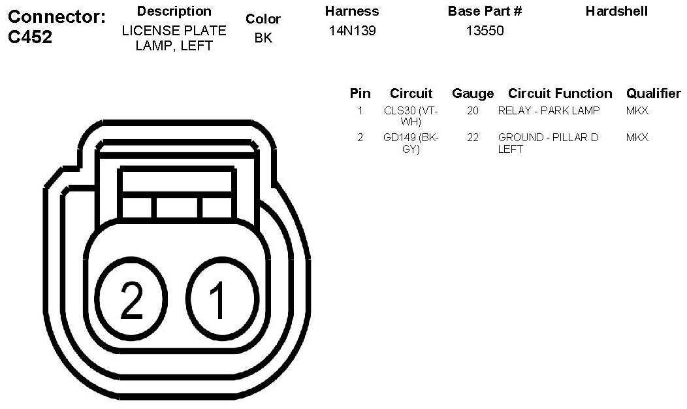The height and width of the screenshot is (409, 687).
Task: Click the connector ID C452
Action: (x=30, y=37)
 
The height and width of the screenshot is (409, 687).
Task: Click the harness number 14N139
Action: (x=352, y=31)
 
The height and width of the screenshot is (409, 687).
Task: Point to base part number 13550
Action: (x=485, y=31)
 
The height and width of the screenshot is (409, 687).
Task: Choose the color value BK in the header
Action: (x=263, y=38)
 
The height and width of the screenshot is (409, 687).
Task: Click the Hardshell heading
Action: (x=616, y=11)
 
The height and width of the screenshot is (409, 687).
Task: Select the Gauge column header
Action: (x=473, y=93)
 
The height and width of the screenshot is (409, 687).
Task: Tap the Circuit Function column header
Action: (x=560, y=93)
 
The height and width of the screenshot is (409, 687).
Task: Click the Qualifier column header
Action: (x=653, y=93)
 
